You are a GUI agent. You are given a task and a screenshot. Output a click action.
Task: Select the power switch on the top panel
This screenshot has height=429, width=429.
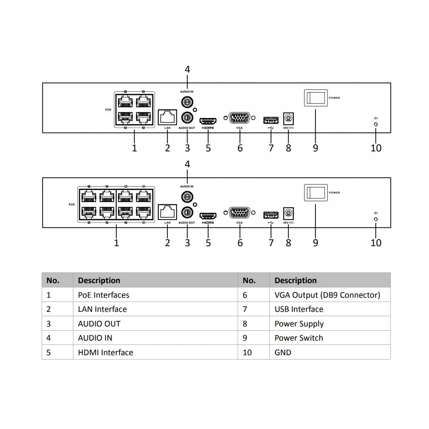pyautogui.click(x=316, y=97)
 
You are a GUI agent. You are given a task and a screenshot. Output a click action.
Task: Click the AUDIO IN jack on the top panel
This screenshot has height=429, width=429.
pyautogui.click(x=187, y=102)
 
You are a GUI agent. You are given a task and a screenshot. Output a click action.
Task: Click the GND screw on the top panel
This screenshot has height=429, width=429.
pyautogui.click(x=376, y=124)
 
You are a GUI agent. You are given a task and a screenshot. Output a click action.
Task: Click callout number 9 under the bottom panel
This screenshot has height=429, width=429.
pyautogui.click(x=316, y=243)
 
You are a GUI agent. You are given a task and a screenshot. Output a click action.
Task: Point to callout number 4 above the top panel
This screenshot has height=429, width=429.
pyautogui.click(x=187, y=69)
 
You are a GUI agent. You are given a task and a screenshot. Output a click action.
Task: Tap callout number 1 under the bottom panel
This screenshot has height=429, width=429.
pyautogui.click(x=116, y=243)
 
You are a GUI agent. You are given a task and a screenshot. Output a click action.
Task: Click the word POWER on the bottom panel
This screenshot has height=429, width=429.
pyautogui.click(x=334, y=193)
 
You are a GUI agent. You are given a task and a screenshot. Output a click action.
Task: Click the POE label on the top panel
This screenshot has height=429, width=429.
pyautogui.click(x=108, y=110)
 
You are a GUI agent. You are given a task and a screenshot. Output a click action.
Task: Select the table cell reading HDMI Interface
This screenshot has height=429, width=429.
pyautogui.click(x=106, y=352)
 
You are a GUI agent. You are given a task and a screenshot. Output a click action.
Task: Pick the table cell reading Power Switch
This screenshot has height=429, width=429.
pyautogui.click(x=299, y=338)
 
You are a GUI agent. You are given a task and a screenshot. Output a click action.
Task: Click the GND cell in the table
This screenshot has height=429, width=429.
pyautogui.click(x=283, y=352)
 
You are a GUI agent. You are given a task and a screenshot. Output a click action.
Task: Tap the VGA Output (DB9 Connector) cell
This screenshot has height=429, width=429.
pyautogui.click(x=327, y=295)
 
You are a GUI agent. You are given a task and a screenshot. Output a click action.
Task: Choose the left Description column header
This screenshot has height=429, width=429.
pyautogui.click(x=99, y=281)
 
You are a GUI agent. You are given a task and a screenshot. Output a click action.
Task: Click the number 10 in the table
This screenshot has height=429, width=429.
pyautogui.click(x=248, y=352)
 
